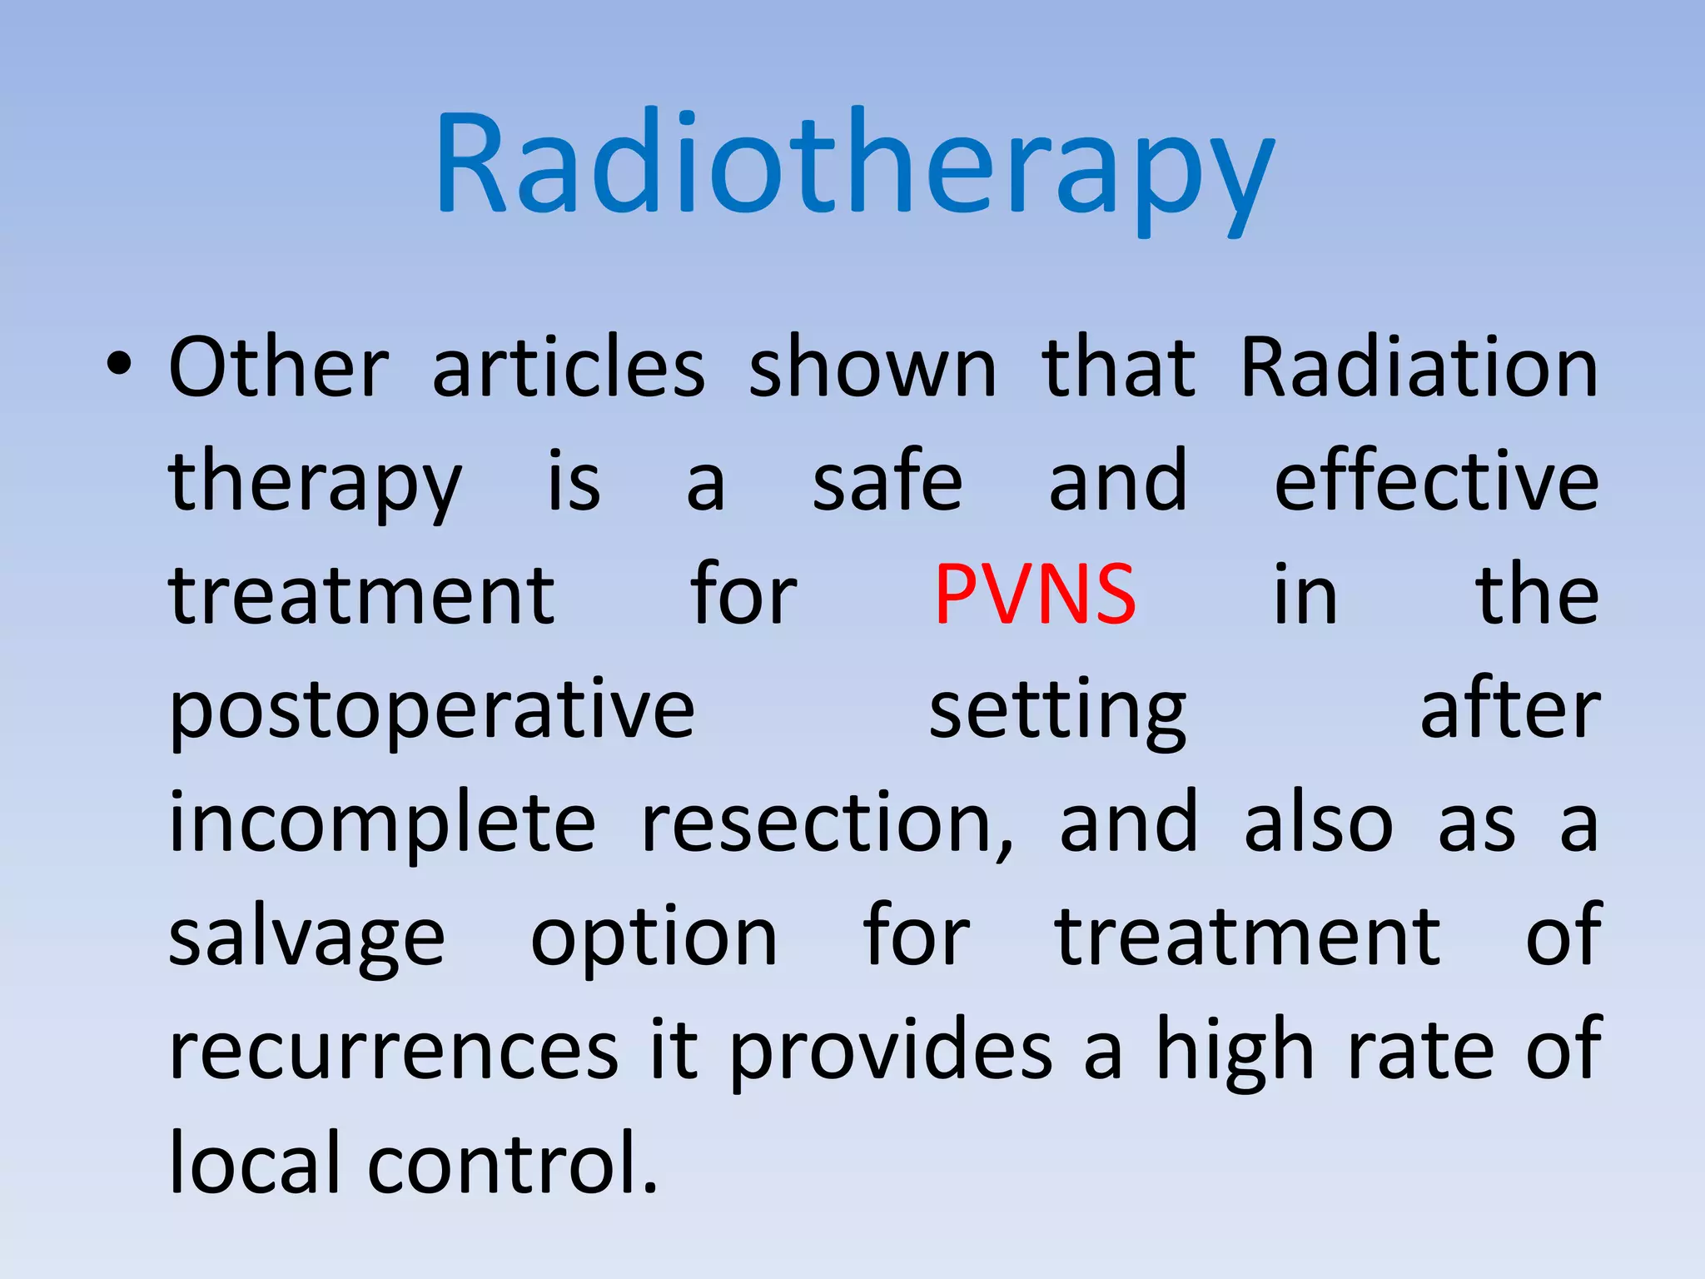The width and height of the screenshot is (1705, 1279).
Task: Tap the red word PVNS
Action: pyautogui.click(x=1035, y=595)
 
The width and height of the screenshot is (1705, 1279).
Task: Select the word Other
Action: pyautogui.click(x=279, y=367)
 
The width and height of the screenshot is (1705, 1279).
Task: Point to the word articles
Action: pyautogui.click(x=569, y=367)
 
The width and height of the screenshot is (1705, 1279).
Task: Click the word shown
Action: pyautogui.click(x=872, y=367)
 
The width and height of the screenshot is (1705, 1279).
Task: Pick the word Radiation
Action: pyautogui.click(x=1419, y=367)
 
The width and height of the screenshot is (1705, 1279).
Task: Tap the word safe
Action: pyautogui.click(x=887, y=481)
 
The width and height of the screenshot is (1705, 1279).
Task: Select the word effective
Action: pyautogui.click(x=1436, y=481)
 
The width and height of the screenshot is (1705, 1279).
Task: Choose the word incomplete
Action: pyautogui.click(x=382, y=824)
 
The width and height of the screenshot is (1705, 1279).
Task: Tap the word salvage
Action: pyautogui.click(x=306, y=939)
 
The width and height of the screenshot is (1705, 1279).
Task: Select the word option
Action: pyautogui.click(x=654, y=939)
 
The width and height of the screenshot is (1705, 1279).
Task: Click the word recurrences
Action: pyautogui.click(x=394, y=1052)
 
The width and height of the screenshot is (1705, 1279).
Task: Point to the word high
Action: pyautogui.click(x=1235, y=1052)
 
